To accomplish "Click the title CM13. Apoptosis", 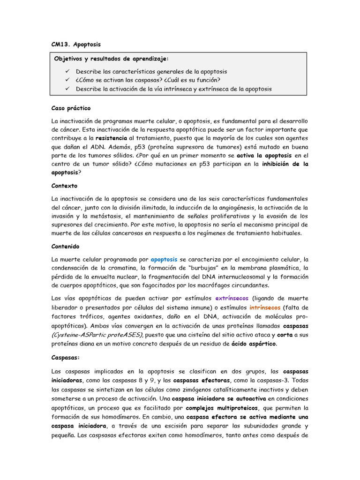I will [x=76, y=45].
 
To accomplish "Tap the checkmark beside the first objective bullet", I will [x=67, y=71].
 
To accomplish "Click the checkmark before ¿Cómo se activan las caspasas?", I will [x=67, y=80].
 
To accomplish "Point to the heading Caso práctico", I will [x=71, y=108].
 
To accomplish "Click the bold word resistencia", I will [x=111, y=138].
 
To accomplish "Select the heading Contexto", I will [x=65, y=186].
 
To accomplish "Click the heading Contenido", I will [x=66, y=246].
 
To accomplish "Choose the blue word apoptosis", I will [x=164, y=259].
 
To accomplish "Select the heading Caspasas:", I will [x=66, y=358].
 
